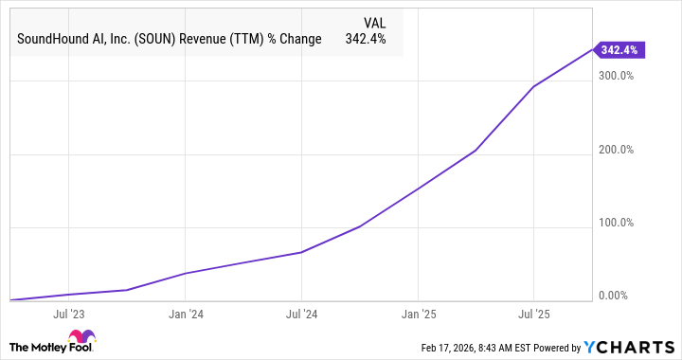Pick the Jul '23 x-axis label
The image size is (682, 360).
coord(67,312)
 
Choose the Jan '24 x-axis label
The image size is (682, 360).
coord(185,312)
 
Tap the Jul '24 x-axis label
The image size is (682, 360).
coord(301,312)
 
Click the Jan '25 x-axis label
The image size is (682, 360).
coord(418,312)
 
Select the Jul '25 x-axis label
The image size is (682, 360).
coord(534,312)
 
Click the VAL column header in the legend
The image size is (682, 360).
coord(375,22)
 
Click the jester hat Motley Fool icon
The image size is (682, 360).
coord(82,339)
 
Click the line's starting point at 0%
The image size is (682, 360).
coord(9,300)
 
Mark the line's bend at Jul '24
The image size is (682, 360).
coord(301,253)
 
